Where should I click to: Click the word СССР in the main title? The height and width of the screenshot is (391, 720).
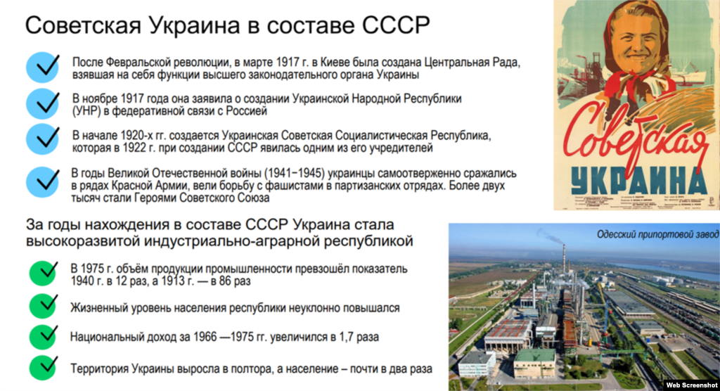pyautogui.click(x=396, y=26)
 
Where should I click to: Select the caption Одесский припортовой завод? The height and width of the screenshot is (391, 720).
pyautogui.click(x=657, y=235)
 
